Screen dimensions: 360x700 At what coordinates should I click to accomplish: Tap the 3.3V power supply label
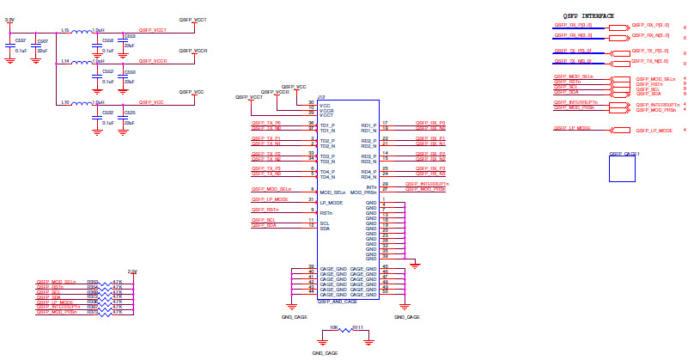9,19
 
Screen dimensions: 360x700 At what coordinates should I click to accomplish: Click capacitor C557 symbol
9,45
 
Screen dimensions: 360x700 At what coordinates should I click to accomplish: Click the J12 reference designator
321,97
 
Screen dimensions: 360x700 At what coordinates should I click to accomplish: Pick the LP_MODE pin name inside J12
332,202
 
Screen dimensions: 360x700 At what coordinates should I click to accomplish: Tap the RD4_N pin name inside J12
369,176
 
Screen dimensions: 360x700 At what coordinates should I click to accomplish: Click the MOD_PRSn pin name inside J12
363,191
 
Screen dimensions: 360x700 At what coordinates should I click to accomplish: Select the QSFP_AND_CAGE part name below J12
338,302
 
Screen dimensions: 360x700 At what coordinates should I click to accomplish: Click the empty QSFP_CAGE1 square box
624,168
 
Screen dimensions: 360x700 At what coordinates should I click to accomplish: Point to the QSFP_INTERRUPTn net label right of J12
427,184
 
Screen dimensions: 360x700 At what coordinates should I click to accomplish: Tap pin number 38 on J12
386,256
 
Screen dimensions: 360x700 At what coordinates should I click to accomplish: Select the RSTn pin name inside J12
326,212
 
